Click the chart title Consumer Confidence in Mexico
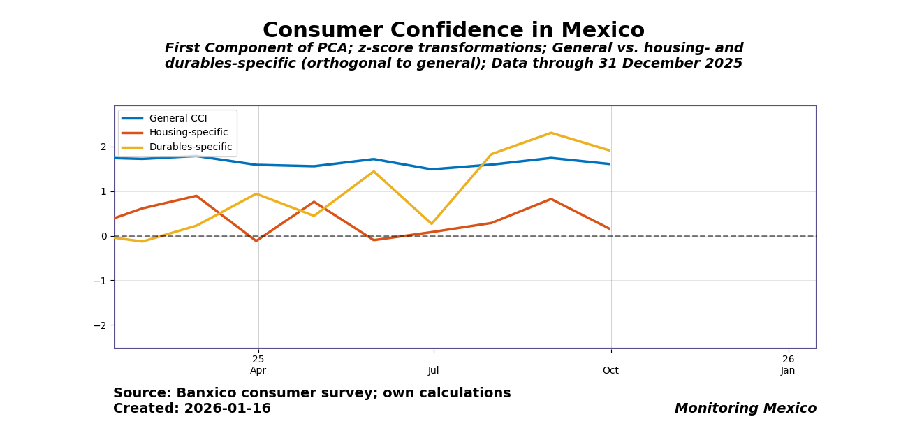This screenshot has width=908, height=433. click(453, 31)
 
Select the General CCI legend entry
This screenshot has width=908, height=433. click(177, 119)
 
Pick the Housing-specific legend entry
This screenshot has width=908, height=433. click(188, 133)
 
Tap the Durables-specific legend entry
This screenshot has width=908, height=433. click(190, 147)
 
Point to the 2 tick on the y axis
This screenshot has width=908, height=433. click(103, 147)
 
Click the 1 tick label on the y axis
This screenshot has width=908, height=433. click(103, 191)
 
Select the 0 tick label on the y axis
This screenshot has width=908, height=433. click(103, 236)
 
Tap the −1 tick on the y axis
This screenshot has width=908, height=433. click(101, 281)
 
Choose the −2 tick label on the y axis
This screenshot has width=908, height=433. click(101, 325)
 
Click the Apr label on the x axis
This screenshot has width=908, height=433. click(258, 371)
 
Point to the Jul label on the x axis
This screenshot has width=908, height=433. click(434, 371)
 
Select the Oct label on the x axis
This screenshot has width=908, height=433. click(611, 371)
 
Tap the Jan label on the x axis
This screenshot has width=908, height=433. click(789, 371)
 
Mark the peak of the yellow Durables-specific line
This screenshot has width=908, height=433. click(551, 133)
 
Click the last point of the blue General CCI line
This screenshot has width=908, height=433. click(609, 164)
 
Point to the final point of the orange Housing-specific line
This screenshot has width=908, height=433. click(609, 228)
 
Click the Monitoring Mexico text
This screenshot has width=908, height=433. click(745, 409)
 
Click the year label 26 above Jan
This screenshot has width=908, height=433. click(789, 359)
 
